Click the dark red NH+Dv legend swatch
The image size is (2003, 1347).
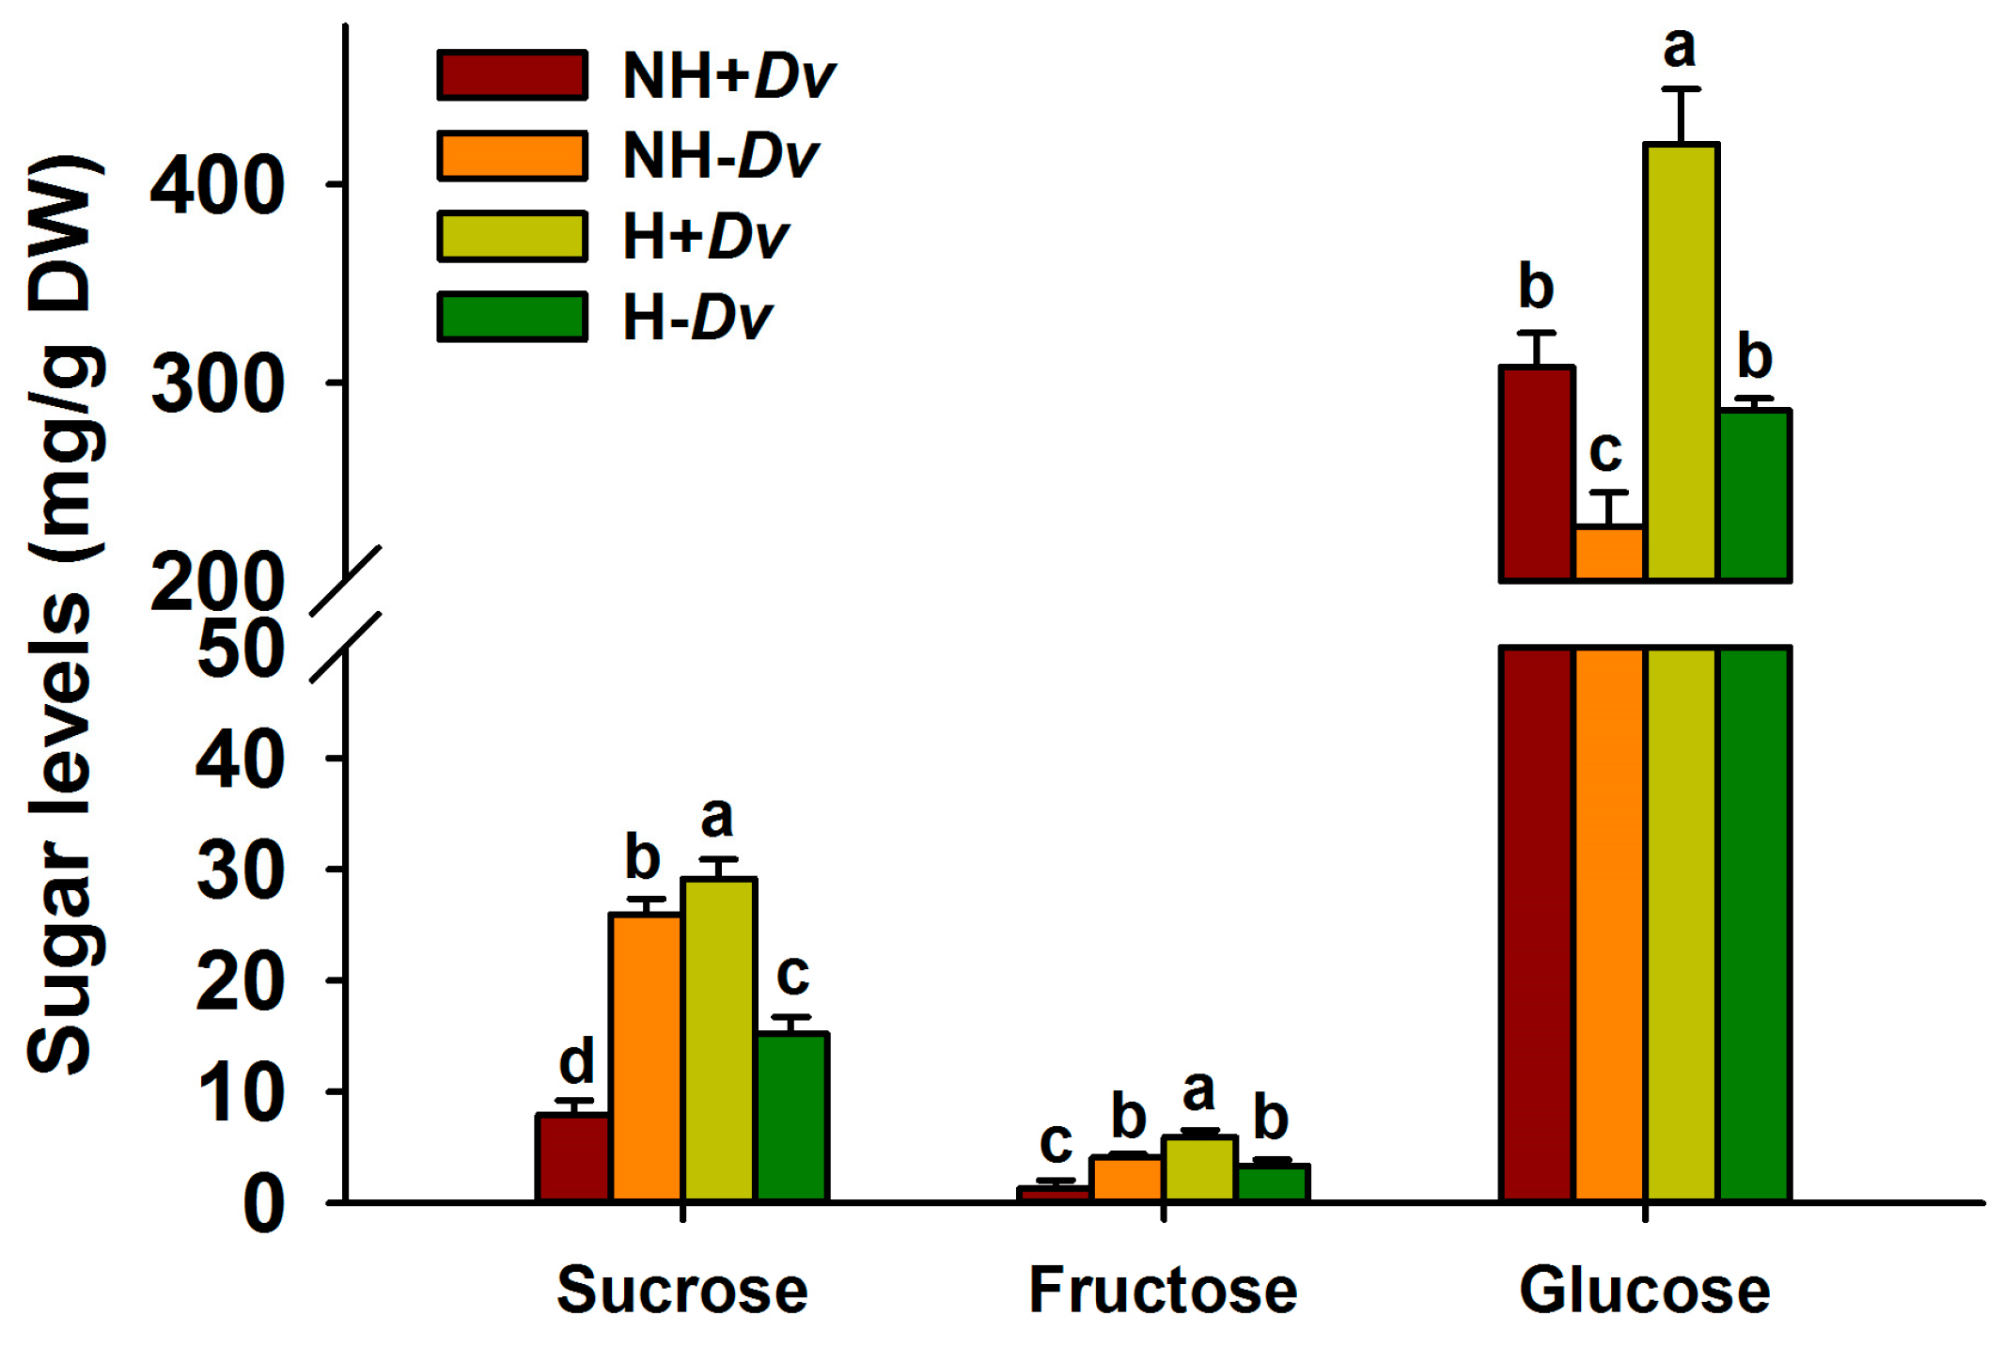tap(512, 75)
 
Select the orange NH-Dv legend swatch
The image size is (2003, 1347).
tap(512, 155)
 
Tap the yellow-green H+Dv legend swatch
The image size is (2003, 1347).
tap(512, 236)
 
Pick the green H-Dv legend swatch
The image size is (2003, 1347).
tap(512, 317)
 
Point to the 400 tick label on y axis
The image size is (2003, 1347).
tap(217, 185)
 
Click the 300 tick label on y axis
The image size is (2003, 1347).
tap(217, 384)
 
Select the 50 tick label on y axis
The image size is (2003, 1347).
tap(241, 649)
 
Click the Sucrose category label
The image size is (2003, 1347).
tap(682, 1290)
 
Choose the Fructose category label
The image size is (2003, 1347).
tap(1164, 1290)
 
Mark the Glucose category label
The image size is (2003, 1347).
tap(1645, 1290)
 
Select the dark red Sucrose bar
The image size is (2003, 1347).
tap(573, 1158)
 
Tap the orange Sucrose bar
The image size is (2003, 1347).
tap(646, 1057)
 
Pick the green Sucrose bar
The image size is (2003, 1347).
tap(792, 1117)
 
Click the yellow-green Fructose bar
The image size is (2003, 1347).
tap(1199, 1168)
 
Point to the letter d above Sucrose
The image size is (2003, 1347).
tap(576, 1061)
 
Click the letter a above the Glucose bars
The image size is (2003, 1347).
tap(1680, 47)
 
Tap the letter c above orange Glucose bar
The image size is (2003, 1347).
tap(1606, 451)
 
